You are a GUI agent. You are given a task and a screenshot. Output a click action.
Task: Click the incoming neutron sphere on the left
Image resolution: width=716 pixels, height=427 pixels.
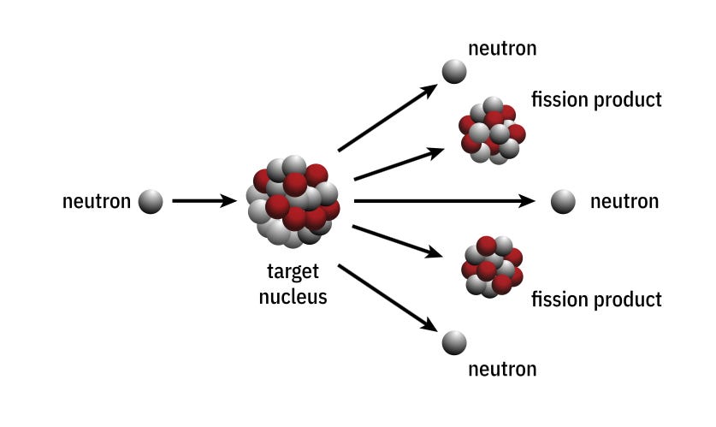click(x=151, y=202)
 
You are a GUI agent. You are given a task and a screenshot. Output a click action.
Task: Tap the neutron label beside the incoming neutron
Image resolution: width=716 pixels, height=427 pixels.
click(x=97, y=202)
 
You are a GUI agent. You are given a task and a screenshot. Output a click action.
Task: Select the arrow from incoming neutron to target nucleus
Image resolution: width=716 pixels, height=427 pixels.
click(x=204, y=202)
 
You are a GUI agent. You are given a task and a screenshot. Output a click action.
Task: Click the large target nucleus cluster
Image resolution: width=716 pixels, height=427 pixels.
click(x=293, y=202)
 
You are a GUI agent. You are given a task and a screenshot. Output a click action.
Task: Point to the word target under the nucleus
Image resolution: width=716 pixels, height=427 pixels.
click(x=293, y=272)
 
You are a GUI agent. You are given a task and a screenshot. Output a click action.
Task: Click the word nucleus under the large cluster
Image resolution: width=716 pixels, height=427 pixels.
click(x=293, y=298)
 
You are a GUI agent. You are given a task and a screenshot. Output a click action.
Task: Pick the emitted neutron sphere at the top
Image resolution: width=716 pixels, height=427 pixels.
click(x=453, y=71)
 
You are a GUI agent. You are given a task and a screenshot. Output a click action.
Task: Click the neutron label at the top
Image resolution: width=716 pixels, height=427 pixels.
click(x=502, y=48)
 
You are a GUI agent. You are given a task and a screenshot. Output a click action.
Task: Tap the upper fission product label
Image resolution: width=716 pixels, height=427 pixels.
click(x=596, y=99)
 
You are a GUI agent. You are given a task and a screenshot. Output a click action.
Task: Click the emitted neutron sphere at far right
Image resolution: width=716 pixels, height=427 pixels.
click(x=563, y=202)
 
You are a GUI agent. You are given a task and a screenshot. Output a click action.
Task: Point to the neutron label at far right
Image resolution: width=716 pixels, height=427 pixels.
click(x=624, y=202)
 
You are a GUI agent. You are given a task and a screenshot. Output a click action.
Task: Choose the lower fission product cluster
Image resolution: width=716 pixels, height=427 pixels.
click(x=492, y=265)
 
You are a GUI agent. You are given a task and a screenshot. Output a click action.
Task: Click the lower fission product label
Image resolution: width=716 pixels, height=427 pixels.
click(x=596, y=299)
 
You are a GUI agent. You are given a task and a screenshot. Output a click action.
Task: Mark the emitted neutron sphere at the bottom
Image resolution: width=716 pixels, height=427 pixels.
click(x=453, y=344)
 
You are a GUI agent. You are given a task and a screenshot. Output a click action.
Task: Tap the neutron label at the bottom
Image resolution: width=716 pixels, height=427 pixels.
click(x=502, y=369)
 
